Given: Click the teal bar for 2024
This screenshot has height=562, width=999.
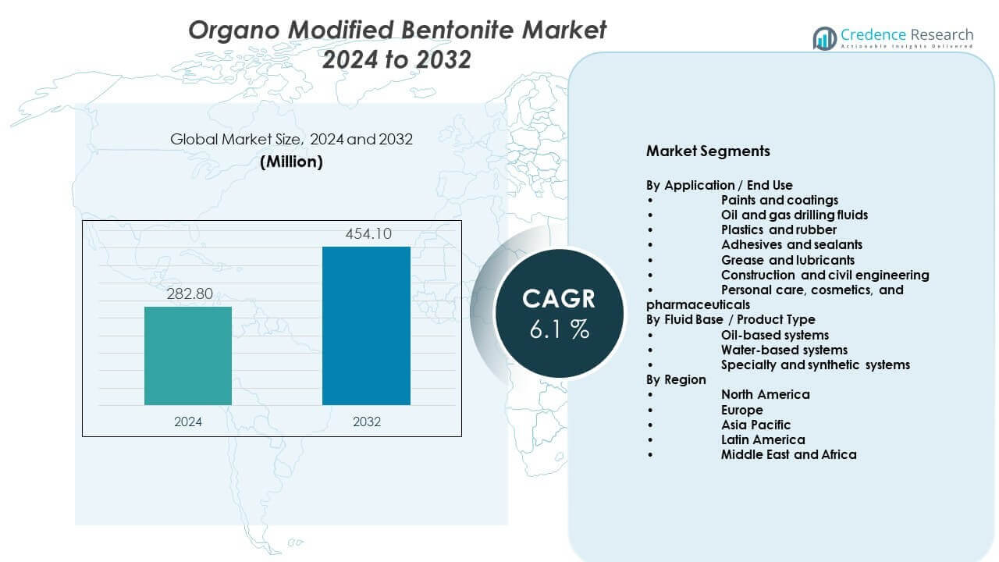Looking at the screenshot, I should point(188,356).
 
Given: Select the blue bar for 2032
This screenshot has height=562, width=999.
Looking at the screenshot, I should point(366,326).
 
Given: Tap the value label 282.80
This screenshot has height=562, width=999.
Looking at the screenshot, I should point(188,294).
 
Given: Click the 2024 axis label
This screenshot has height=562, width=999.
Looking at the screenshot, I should point(188,421).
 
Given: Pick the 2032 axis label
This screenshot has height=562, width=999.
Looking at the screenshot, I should point(366,421).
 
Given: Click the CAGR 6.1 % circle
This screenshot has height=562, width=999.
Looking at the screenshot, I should point(558,313).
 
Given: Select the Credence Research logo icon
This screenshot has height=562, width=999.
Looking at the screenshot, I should point(824,38).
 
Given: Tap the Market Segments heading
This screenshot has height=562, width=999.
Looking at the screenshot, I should point(708,151).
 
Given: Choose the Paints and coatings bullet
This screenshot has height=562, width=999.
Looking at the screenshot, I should point(779,200).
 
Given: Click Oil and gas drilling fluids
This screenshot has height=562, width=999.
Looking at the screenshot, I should point(794,215).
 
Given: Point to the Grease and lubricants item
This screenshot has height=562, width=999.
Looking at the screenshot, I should point(787,260).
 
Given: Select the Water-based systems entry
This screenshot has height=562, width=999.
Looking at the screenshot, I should point(784,350).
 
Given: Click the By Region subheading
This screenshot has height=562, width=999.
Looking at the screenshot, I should point(676,380).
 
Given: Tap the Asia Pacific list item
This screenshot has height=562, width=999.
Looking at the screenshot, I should point(755,425).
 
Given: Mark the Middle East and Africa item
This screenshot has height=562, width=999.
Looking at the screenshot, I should point(788,454).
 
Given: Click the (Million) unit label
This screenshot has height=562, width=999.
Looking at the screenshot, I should point(291,162).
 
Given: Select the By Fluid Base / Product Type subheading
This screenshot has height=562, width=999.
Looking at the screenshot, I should point(731,319).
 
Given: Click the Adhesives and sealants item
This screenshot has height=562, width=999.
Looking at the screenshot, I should point(791,244).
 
